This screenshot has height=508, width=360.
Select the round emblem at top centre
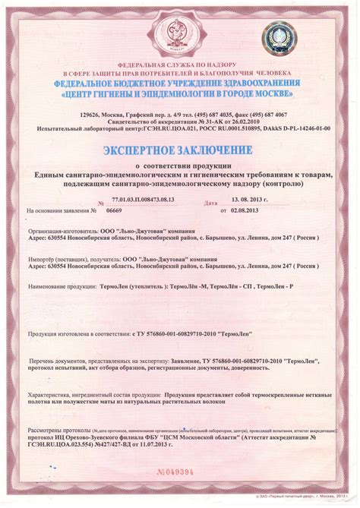point(178,35)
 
